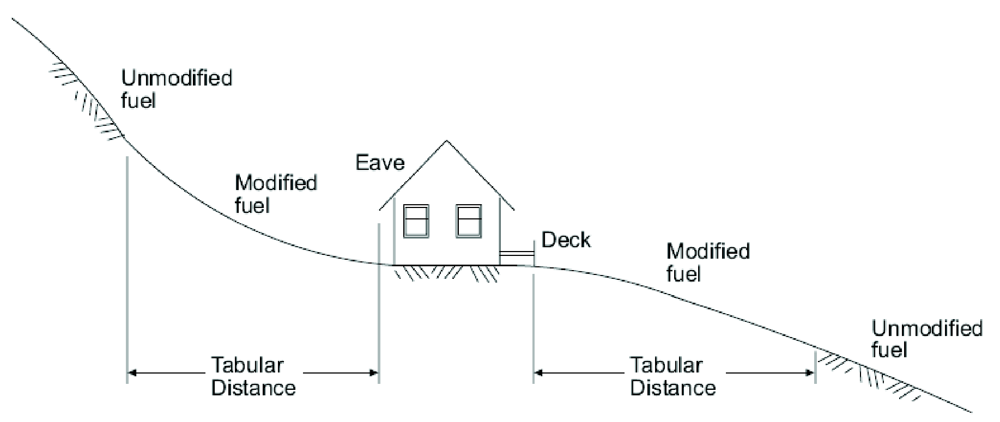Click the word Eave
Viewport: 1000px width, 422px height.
click(x=380, y=163)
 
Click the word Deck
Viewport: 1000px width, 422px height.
click(x=566, y=240)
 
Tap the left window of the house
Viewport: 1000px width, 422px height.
click(x=416, y=221)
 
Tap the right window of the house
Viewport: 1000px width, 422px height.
click(x=469, y=221)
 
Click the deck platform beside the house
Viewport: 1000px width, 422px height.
click(x=517, y=254)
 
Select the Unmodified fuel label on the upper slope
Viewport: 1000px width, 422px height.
click(x=176, y=89)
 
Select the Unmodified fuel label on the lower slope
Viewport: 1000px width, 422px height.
click(x=926, y=339)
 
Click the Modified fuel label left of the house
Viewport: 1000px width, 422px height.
click(x=275, y=193)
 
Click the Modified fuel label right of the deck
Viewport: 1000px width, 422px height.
click(x=707, y=262)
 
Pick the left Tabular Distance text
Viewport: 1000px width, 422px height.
click(x=253, y=376)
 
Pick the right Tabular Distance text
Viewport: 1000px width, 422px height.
click(x=672, y=376)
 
